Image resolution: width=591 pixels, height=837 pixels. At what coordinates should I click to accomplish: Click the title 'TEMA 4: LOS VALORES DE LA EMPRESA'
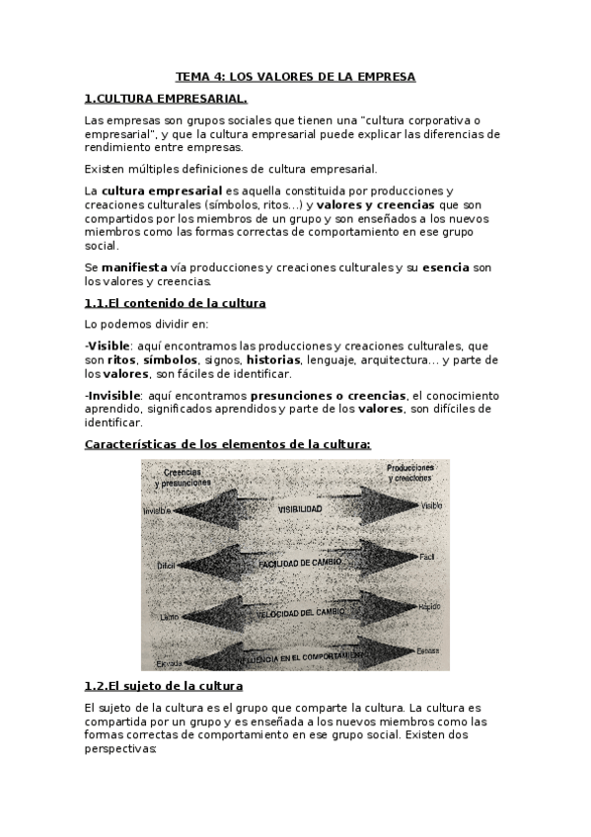(295, 76)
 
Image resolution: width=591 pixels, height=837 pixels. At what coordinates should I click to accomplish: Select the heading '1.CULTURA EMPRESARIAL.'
(166, 99)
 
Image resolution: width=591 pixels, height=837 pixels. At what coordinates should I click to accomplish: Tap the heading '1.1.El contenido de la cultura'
(175, 302)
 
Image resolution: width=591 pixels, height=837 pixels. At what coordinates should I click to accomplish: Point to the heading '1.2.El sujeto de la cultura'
(163, 685)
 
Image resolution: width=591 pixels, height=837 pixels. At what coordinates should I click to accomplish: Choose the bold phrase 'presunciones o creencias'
(321, 394)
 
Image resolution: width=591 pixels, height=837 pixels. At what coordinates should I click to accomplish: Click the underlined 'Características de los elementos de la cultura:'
(228, 444)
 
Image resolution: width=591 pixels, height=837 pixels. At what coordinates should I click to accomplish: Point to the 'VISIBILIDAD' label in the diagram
(299, 508)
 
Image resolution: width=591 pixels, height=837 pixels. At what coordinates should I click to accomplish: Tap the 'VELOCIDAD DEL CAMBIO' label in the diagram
(298, 612)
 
